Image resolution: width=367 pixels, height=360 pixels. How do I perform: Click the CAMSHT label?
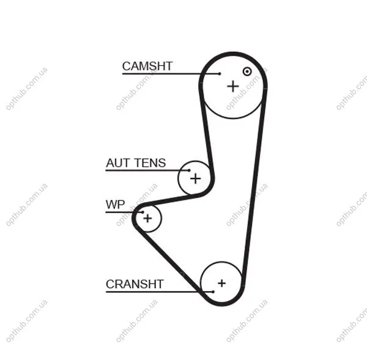click(147, 66)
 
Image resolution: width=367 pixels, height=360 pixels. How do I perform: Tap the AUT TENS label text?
click(136, 163)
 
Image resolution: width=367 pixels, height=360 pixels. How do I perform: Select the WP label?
click(115, 204)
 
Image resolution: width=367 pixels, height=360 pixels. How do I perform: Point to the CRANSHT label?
click(135, 284)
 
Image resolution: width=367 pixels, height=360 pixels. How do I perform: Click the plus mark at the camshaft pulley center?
click(233, 86)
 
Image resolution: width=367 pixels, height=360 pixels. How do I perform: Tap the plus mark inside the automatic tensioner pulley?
click(196, 179)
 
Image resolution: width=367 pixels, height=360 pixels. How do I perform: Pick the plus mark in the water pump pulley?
click(147, 218)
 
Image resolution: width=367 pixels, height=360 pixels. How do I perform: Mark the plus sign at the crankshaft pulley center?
click(221, 283)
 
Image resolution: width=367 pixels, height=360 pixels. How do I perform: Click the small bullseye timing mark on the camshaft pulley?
click(247, 72)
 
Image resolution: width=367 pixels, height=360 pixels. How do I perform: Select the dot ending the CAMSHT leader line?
click(220, 74)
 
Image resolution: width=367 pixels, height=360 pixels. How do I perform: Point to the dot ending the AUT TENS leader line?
click(189, 171)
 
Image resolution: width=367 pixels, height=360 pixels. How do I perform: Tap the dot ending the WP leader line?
click(143, 212)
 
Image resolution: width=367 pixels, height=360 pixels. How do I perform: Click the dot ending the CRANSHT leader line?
click(213, 292)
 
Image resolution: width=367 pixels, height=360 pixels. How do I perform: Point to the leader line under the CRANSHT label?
click(160, 292)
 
